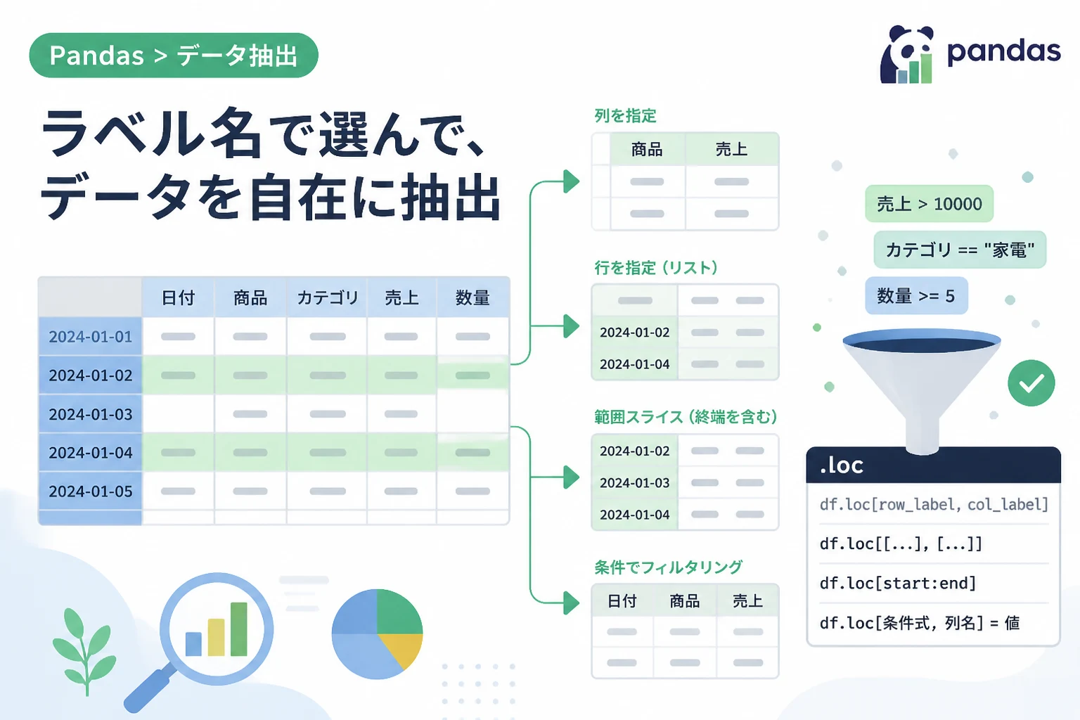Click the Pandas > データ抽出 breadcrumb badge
tap(174, 56)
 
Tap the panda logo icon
tap(907, 55)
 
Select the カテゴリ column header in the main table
tap(328, 297)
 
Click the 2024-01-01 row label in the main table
tap(90, 336)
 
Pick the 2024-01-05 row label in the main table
tap(90, 491)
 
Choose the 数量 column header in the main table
tap(472, 297)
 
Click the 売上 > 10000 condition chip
tap(929, 203)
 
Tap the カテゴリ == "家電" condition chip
tap(960, 250)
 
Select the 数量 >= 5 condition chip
tap(916, 295)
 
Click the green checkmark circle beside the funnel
tap(1031, 383)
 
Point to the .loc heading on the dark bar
tap(842, 465)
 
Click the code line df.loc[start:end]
tap(898, 583)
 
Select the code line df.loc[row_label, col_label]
tap(934, 504)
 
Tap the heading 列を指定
tap(625, 116)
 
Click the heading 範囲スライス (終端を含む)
tap(686, 417)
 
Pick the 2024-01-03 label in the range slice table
tap(634, 483)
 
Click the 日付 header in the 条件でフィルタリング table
tap(622, 601)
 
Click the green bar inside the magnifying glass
tap(238, 629)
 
